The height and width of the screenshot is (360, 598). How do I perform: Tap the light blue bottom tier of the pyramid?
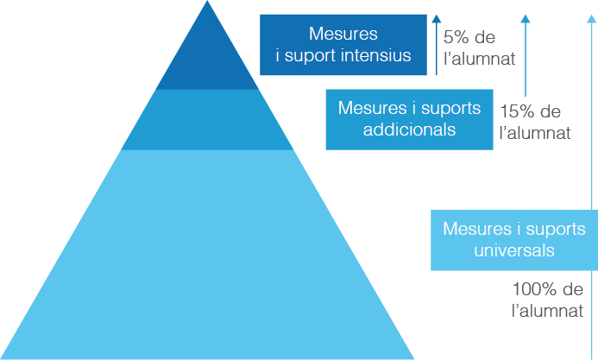(x=207, y=259)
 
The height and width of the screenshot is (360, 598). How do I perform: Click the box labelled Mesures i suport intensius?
(x=343, y=45)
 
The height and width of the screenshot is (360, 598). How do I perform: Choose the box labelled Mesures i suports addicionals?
(x=409, y=119)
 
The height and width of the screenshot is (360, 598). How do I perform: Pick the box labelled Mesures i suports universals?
(x=513, y=240)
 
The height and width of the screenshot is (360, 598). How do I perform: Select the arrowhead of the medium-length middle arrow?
(x=526, y=18)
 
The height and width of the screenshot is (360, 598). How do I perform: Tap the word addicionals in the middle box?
(x=409, y=130)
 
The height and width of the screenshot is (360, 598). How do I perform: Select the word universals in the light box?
(x=513, y=251)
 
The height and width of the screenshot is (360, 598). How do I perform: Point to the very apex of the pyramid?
(x=207, y=3)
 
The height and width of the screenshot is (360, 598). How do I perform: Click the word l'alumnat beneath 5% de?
(x=479, y=60)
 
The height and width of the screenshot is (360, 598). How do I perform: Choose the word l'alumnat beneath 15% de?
(x=535, y=134)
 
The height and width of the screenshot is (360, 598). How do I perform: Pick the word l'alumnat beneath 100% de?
(x=547, y=311)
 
